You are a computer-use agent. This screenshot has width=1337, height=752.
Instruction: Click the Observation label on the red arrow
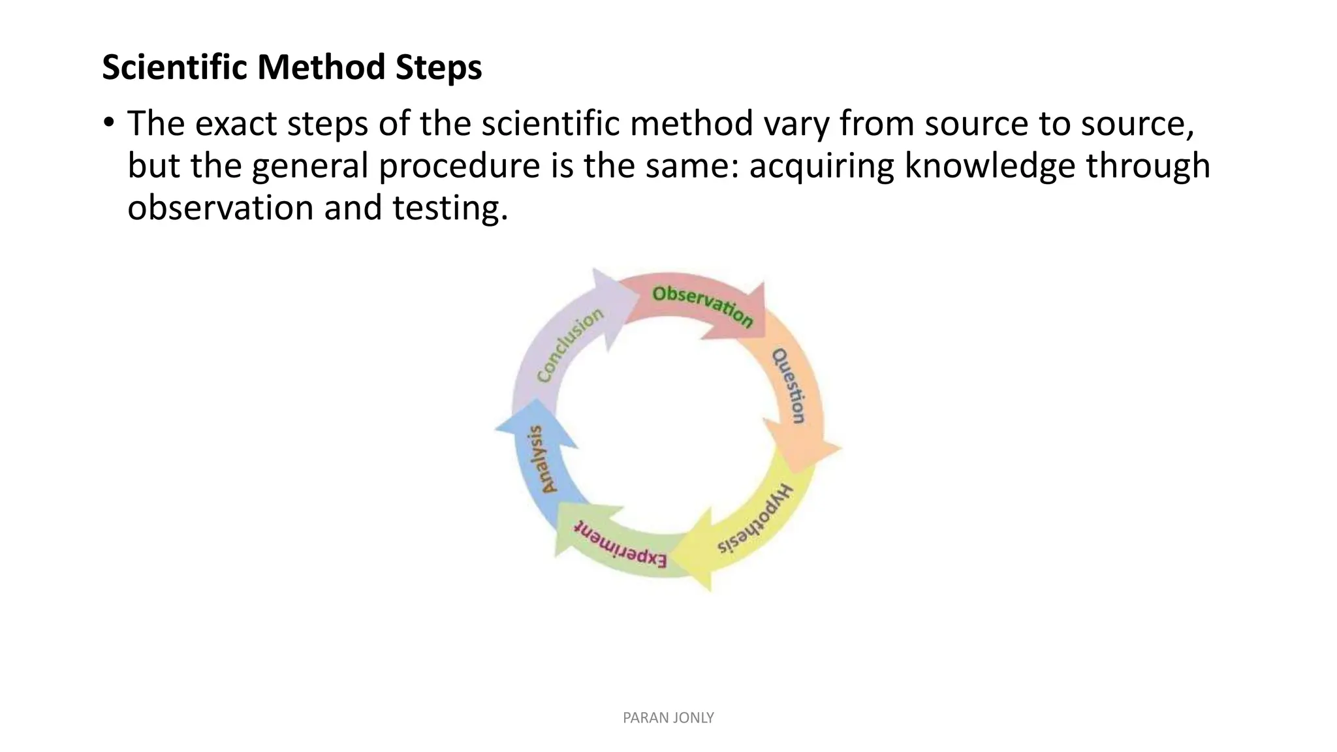pos(702,305)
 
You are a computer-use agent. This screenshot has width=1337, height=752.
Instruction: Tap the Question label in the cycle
pos(789,386)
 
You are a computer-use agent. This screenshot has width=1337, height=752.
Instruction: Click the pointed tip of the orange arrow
pos(840,448)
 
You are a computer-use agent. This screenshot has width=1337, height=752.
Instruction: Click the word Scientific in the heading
pos(174,67)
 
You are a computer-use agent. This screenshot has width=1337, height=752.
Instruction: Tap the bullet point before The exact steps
pos(108,123)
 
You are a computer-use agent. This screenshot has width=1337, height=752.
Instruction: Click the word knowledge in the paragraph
pos(989,165)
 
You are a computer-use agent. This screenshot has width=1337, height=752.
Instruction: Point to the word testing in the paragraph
pos(449,208)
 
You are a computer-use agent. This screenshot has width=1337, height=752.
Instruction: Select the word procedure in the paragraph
pos(459,165)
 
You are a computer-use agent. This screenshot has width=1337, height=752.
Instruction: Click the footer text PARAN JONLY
pos(668,717)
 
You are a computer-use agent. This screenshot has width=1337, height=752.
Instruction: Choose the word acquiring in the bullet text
pos(821,165)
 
